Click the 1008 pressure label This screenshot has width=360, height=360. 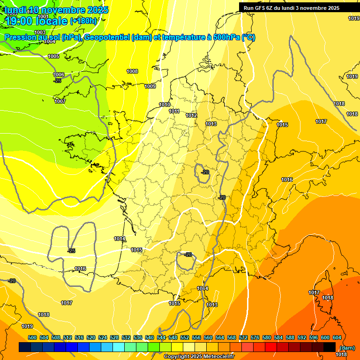132,71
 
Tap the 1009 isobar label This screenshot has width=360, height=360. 150,86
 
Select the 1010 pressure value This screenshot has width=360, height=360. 165,105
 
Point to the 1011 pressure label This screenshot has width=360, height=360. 174,111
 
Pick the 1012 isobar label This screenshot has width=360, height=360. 191,115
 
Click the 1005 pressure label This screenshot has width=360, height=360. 53,56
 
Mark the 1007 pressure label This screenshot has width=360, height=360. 60,101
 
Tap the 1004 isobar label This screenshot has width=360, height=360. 50,41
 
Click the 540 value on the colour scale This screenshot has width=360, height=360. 150,337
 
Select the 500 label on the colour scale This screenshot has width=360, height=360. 32,337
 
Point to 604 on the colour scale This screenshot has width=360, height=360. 337,337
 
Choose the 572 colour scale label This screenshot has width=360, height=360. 243,337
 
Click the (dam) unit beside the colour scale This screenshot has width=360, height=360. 347,348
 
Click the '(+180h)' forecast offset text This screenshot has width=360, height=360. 83,21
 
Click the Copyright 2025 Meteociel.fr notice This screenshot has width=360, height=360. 199,357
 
